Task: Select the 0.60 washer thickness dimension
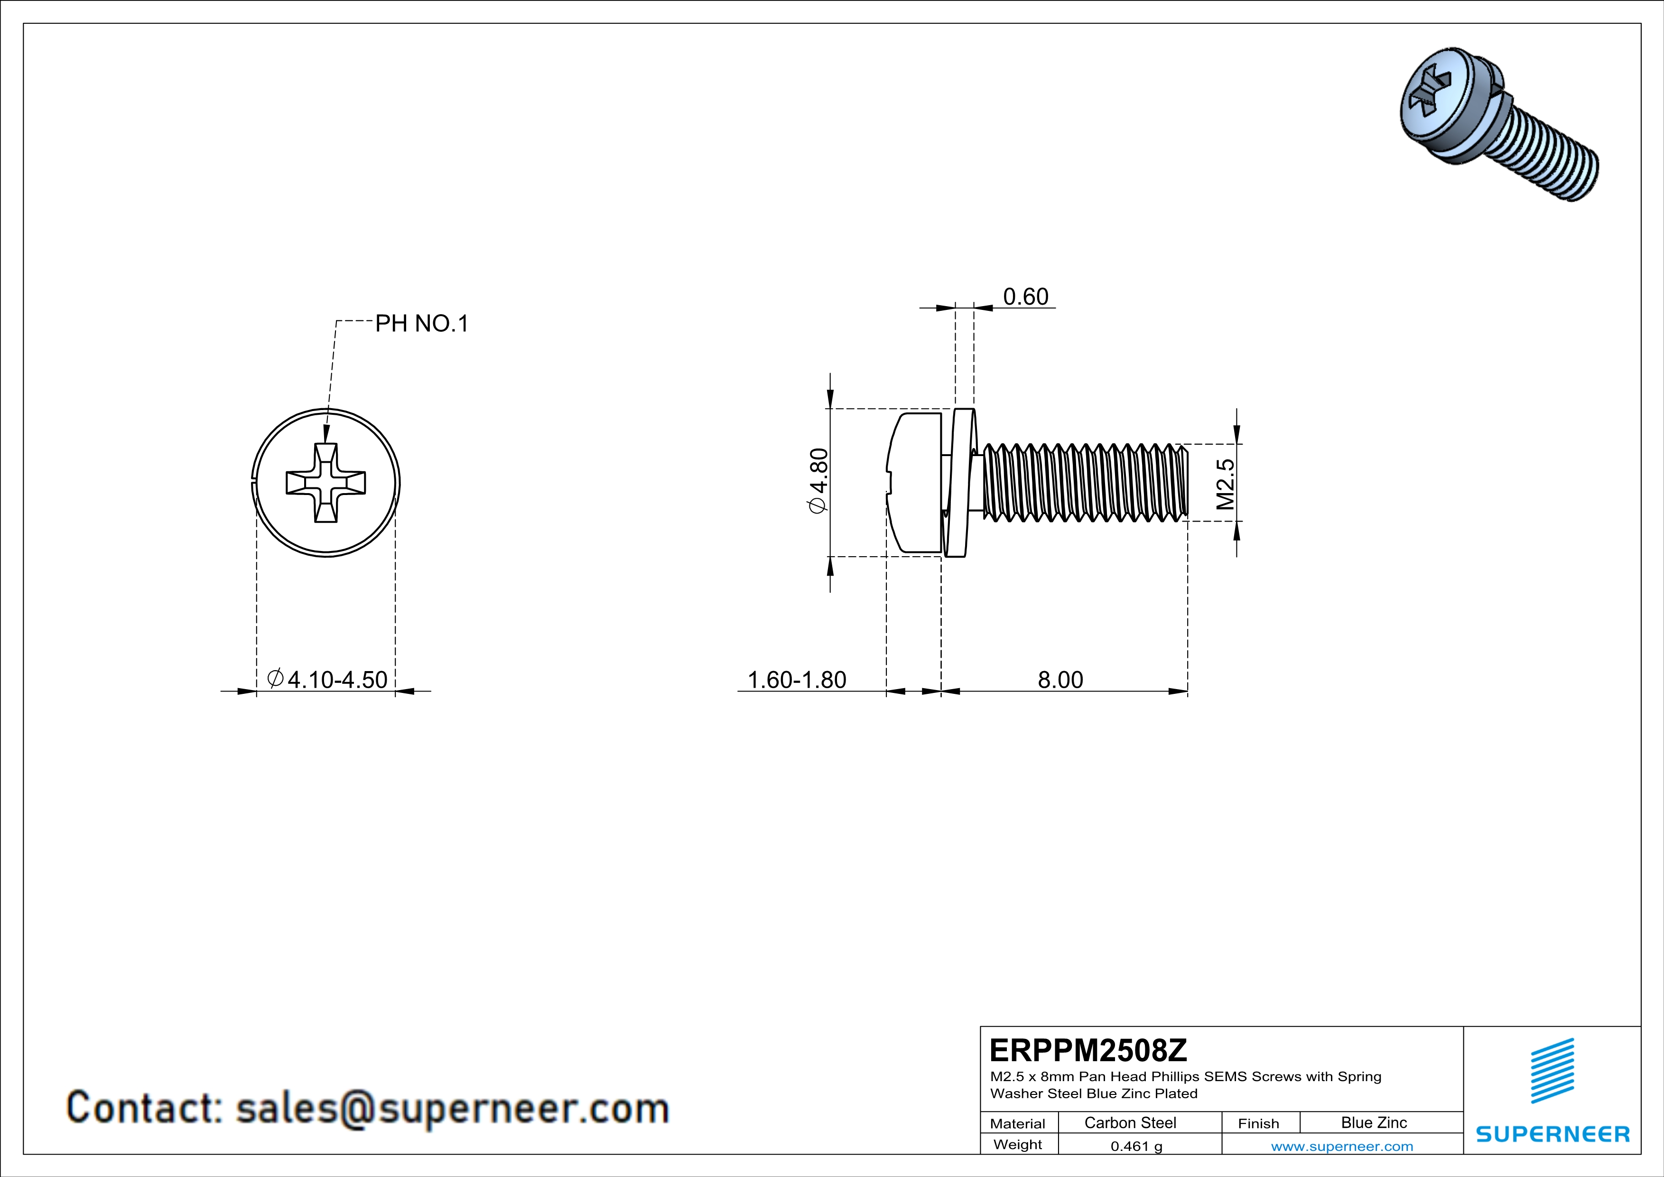1025,297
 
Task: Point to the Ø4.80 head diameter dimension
818,481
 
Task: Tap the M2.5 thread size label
1225,484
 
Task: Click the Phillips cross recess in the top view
325,483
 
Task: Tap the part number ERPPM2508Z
1087,1050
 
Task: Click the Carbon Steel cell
1130,1122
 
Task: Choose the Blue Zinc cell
1373,1122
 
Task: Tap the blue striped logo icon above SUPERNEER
1552,1071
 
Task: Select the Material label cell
1018,1123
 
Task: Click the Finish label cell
1258,1123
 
